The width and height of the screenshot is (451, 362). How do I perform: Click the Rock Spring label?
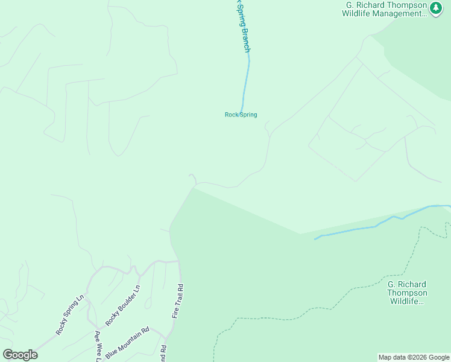click(x=241, y=115)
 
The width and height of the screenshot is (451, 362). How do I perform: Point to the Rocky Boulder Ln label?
click(x=123, y=305)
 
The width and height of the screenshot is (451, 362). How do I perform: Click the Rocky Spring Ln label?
click(x=69, y=314)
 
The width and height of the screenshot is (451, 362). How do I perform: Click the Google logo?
click(x=20, y=355)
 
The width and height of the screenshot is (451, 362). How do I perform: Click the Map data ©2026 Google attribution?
click(x=414, y=357)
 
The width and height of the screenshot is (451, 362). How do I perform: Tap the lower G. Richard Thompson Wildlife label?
click(x=406, y=293)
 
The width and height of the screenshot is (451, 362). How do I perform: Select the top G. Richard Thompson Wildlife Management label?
click(x=385, y=10)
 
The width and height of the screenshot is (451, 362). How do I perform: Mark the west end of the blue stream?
click(x=315, y=239)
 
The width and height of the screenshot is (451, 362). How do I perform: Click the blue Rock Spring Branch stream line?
click(x=245, y=84)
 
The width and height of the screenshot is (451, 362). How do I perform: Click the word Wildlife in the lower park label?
click(x=406, y=301)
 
